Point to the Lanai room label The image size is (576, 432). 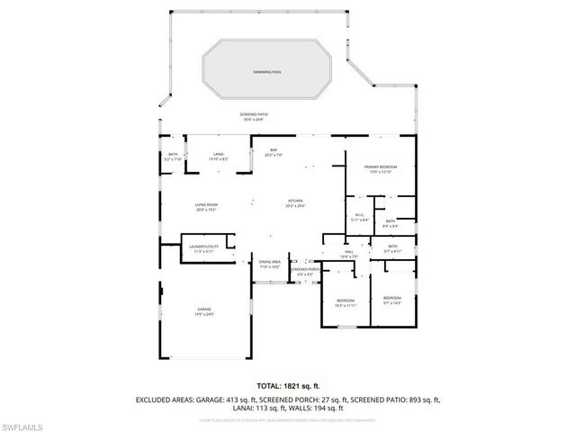click(218, 157)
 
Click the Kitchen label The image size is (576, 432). click(295, 202)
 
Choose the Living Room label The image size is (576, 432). click(207, 206)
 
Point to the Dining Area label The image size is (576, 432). click(270, 264)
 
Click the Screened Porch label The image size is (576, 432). click(307, 270)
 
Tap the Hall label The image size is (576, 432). click(348, 254)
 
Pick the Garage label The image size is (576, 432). click(205, 311)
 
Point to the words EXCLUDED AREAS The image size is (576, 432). click(166, 398)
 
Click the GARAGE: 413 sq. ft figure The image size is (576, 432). click(230, 398)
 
